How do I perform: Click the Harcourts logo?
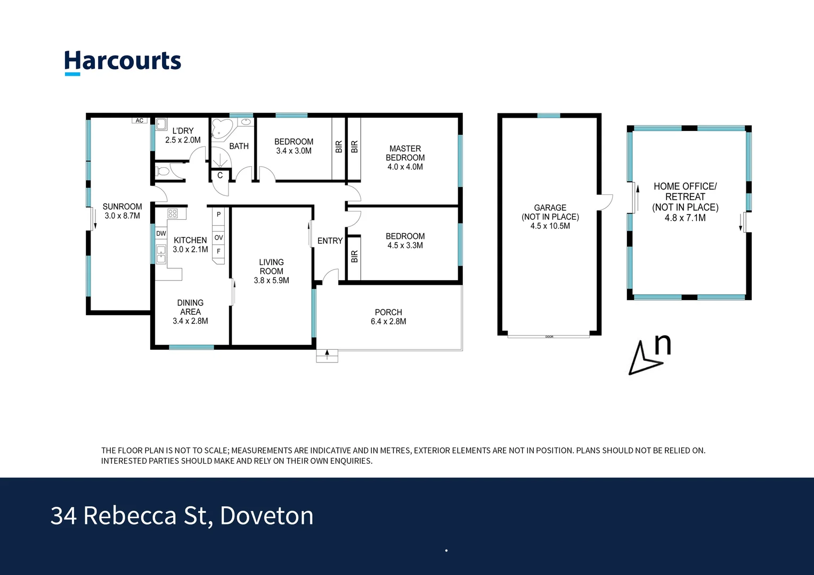(x=123, y=62)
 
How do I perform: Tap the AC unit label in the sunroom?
(x=139, y=121)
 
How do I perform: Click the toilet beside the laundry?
(x=163, y=171)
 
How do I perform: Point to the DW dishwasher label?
(x=161, y=234)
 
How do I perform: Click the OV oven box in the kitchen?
(x=218, y=237)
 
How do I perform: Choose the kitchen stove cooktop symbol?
(x=173, y=213)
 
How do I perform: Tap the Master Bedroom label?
(x=405, y=153)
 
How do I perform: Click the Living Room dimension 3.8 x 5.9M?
(x=271, y=281)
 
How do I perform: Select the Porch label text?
(x=388, y=313)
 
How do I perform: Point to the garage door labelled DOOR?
(x=549, y=336)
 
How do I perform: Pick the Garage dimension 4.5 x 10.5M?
(x=550, y=226)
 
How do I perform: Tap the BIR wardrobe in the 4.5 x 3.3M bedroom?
(x=354, y=257)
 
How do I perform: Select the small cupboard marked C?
(x=220, y=175)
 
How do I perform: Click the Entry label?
(x=330, y=241)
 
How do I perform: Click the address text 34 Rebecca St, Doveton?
(x=182, y=516)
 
